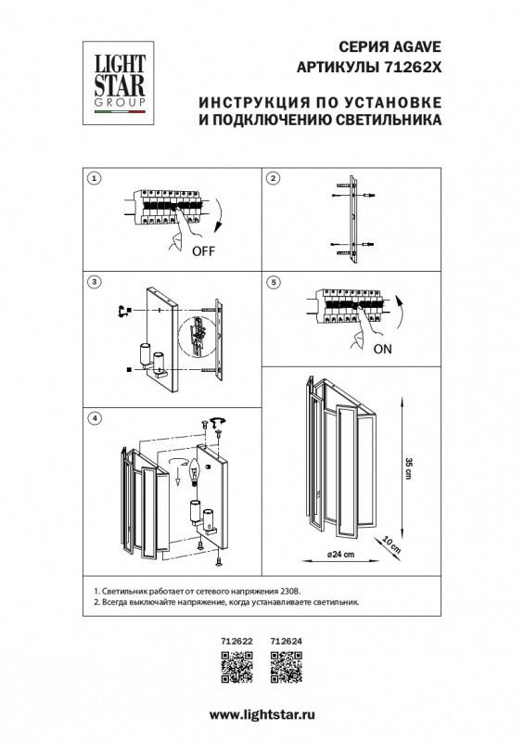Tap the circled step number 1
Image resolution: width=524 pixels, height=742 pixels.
94,177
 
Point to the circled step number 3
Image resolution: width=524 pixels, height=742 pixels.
94,280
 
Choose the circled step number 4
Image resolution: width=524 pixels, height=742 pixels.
94,419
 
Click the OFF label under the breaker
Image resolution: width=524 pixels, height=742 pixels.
206,251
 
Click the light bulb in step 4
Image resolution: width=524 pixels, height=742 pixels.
196,471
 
